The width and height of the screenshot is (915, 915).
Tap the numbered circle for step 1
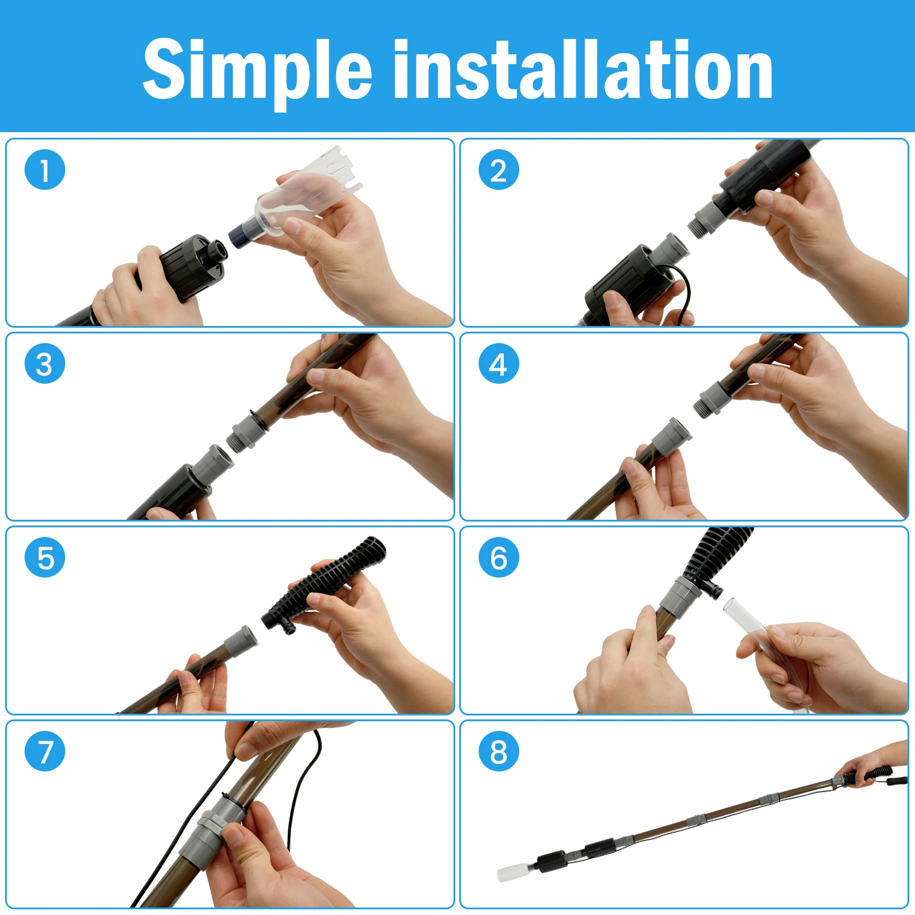pos(45,170)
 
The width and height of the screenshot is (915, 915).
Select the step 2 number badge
pos(499,170)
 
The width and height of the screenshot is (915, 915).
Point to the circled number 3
pos(45,364)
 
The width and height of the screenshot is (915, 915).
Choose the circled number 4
pos(499,364)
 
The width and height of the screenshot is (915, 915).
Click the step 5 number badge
pos(45,558)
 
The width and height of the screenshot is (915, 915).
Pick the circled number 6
pos(499,558)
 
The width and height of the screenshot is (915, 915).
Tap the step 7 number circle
pos(45,751)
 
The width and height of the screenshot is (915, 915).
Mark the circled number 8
pos(499,751)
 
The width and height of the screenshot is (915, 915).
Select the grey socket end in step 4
pos(674,436)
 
